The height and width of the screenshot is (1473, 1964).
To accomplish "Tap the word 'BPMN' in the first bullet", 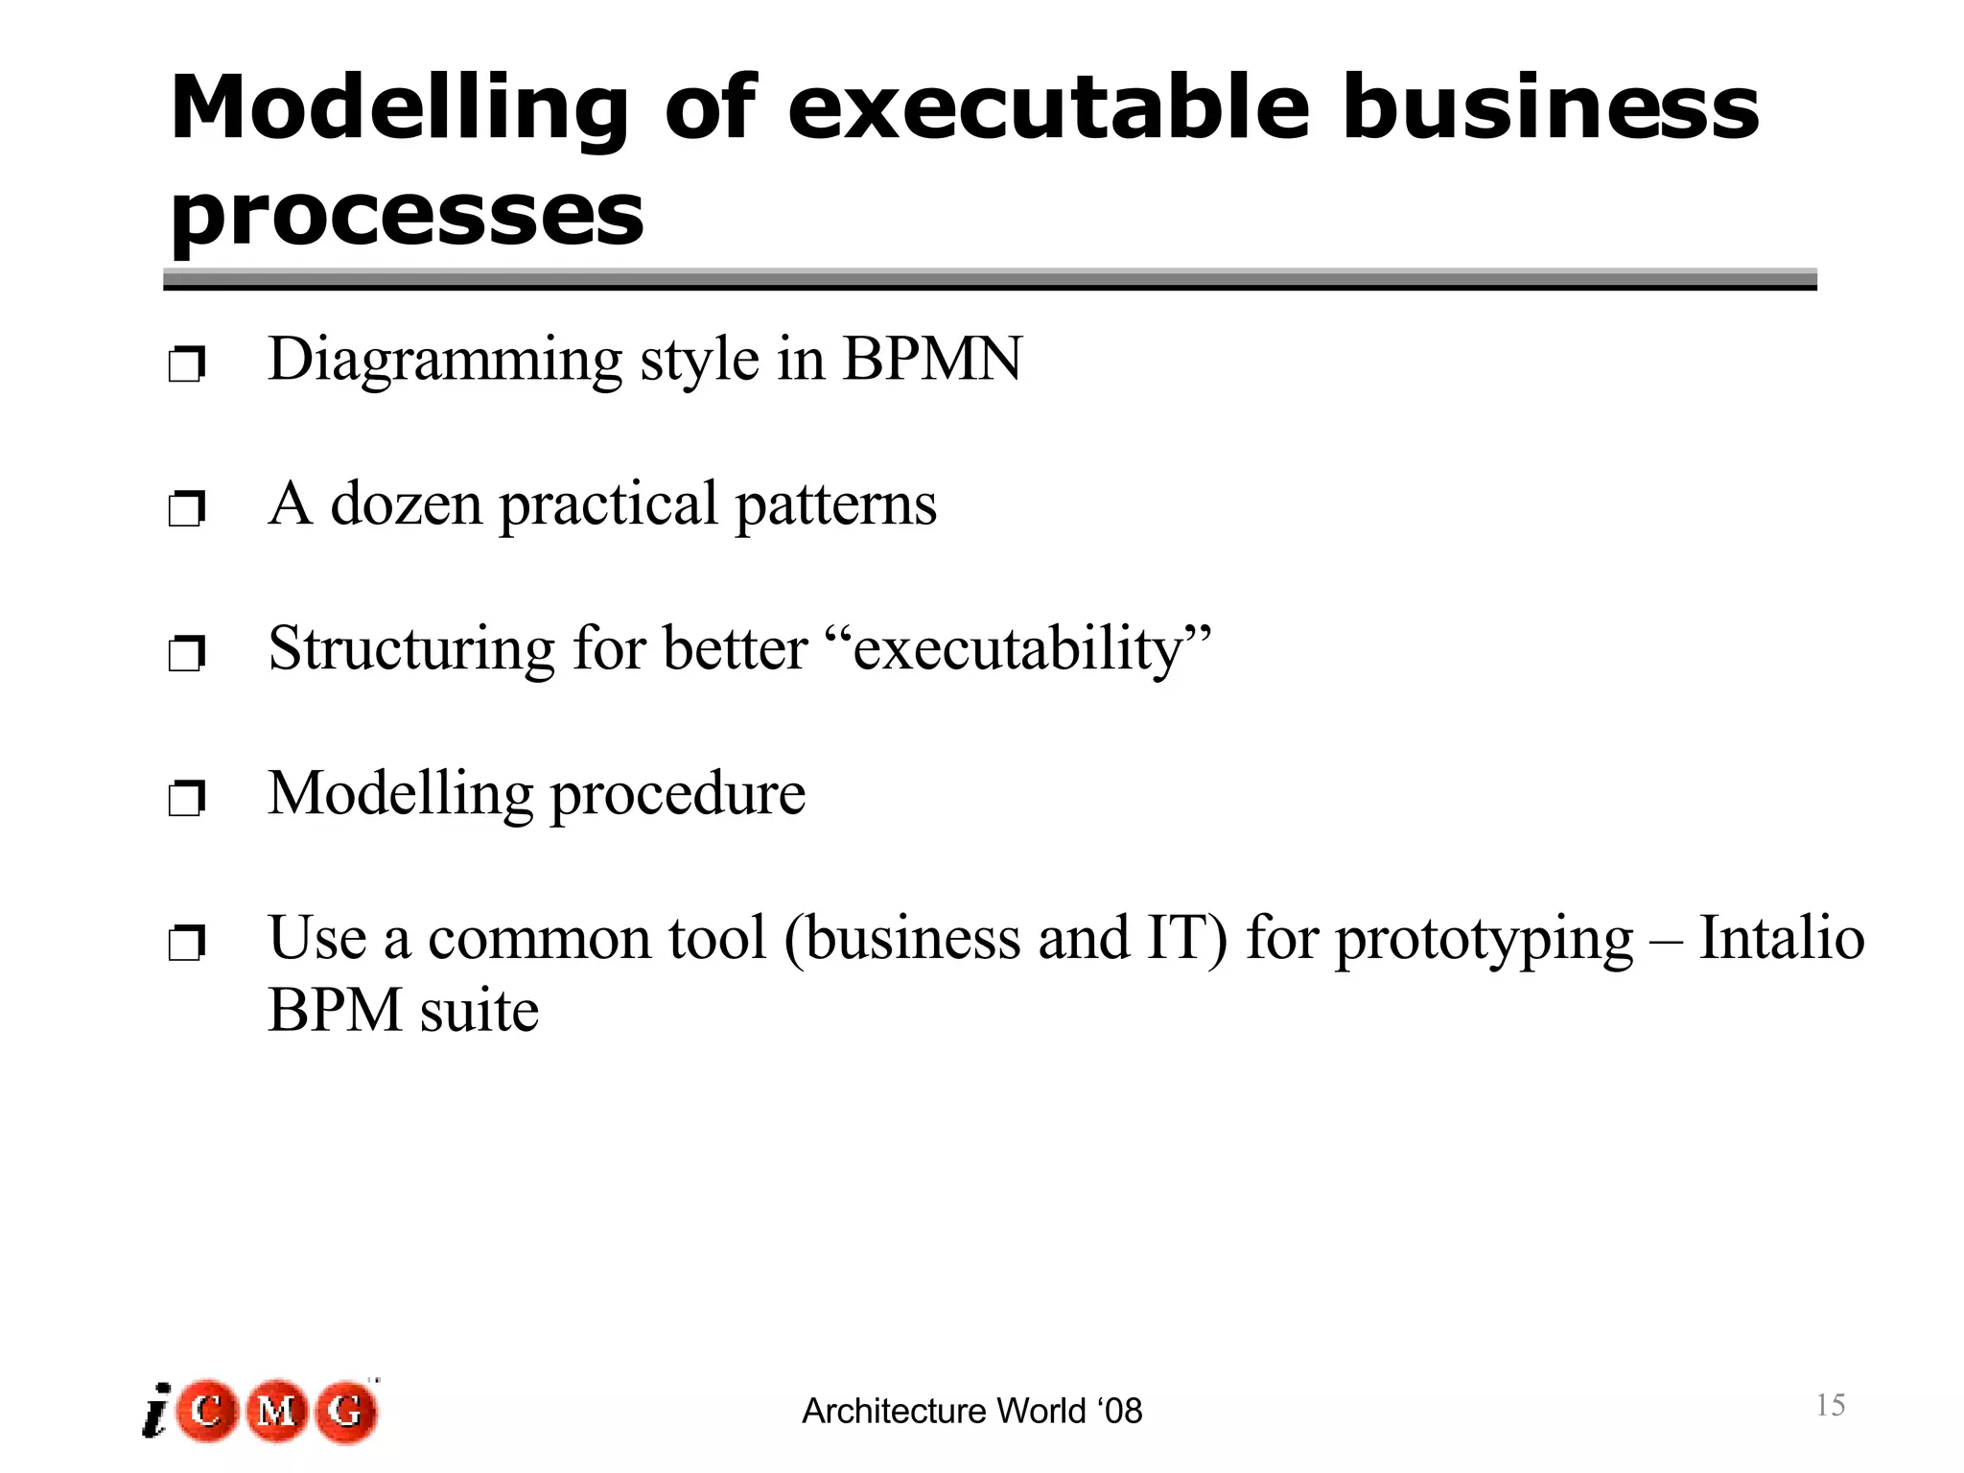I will click(x=932, y=360).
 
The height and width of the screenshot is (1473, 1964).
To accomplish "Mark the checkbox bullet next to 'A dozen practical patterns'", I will click(x=186, y=508).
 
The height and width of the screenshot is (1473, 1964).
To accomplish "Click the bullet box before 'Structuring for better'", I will click(x=186, y=654).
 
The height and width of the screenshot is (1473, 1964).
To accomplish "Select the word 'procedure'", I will click(x=678, y=794).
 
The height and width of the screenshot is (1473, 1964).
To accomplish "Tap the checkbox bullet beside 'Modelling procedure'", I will click(x=186, y=798).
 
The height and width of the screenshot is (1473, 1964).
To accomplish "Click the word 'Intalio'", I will click(x=1781, y=937).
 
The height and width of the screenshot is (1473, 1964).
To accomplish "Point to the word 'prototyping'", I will click(x=1484, y=939).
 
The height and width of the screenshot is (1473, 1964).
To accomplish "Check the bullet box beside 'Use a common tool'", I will click(x=186, y=944).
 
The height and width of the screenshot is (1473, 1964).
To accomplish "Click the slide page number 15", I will click(x=1830, y=1406).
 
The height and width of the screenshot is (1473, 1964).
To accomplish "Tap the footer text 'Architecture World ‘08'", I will click(x=971, y=1412).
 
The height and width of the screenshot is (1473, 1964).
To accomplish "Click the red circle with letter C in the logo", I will click(x=207, y=1411).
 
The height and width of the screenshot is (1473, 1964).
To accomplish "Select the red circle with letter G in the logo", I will click(x=346, y=1411).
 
